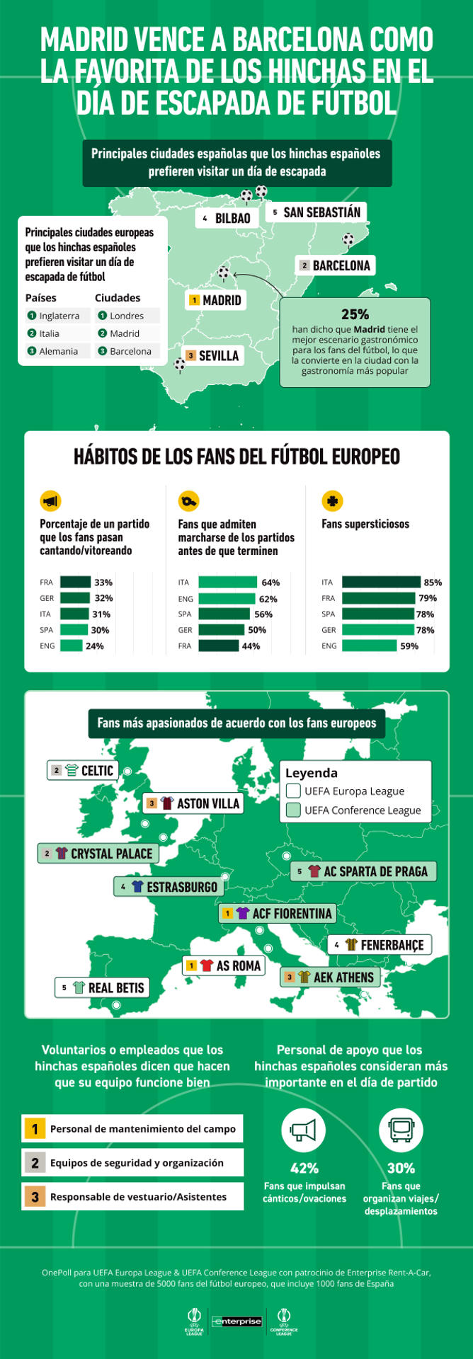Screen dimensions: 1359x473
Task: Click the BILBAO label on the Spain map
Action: click(226, 218)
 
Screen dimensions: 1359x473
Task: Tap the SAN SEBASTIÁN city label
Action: click(317, 212)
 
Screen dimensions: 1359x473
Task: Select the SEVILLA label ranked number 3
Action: click(212, 355)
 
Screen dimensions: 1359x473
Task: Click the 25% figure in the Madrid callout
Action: click(355, 314)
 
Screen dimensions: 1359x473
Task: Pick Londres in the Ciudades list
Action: click(127, 316)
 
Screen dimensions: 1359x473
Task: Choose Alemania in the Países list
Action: click(59, 351)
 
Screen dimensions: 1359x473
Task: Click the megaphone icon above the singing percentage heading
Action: click(50, 501)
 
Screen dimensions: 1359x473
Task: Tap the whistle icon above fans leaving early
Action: click(188, 501)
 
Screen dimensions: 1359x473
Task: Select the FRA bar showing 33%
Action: click(75, 582)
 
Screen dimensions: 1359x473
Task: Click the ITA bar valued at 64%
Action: click(227, 582)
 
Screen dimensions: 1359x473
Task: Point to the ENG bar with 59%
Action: click(369, 646)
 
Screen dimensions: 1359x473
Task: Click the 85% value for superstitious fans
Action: click(433, 582)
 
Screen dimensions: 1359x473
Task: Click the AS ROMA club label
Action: click(223, 965)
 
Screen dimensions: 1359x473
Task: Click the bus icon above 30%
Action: click(401, 1130)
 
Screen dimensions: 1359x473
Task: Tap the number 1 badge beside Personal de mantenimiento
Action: click(35, 1129)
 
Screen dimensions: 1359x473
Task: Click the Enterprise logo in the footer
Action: click(237, 1321)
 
